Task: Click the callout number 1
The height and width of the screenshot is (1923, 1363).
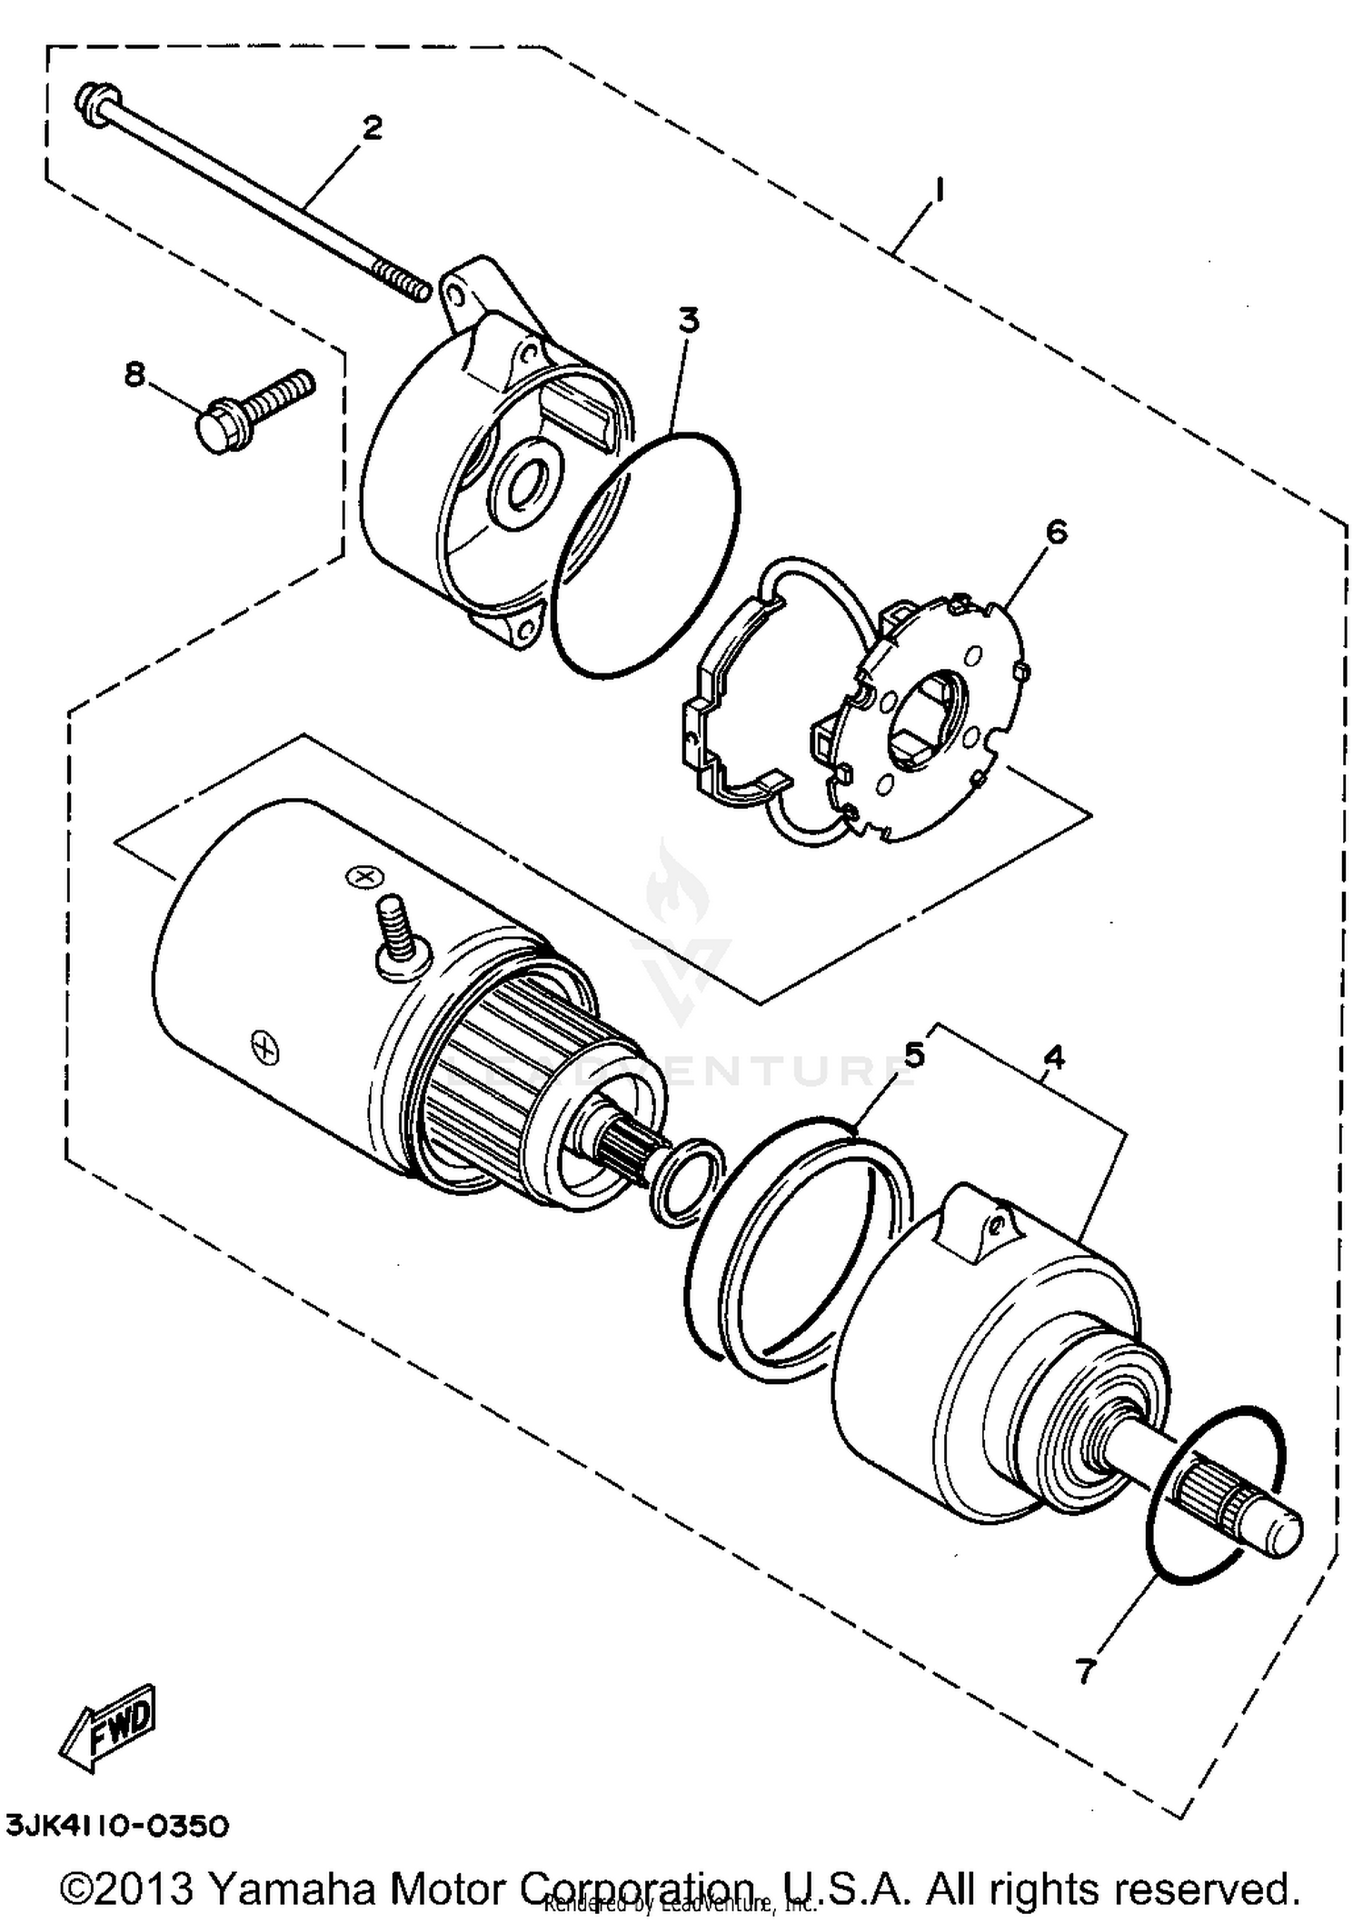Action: pos(939,191)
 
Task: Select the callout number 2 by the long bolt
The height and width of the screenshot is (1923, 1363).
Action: pos(372,128)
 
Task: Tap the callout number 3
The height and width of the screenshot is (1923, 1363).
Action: pos(690,321)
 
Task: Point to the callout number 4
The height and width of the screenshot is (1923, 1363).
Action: pos(1053,1057)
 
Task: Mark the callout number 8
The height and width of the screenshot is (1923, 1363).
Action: pos(134,374)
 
